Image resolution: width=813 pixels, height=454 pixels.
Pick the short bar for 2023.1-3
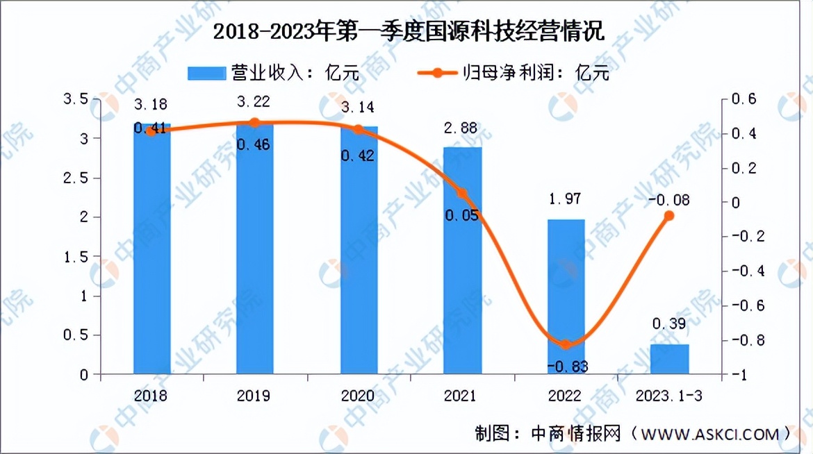[670, 359]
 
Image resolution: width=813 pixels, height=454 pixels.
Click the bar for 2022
[566, 296]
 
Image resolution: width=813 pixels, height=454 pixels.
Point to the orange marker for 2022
[566, 344]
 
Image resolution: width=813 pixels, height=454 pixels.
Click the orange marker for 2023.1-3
[669, 215]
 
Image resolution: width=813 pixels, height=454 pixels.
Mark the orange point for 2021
[463, 194]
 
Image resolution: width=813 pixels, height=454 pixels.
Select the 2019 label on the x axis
[255, 396]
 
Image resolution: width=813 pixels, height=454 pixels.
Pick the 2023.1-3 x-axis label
[670, 396]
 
